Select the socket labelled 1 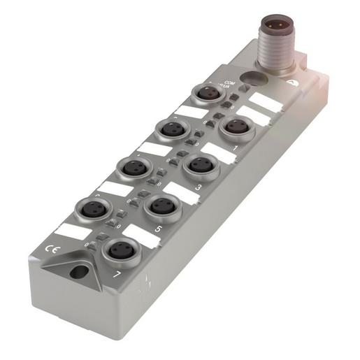236,127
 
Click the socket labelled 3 200,165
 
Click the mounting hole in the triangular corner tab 79,271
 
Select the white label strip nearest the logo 266,101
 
